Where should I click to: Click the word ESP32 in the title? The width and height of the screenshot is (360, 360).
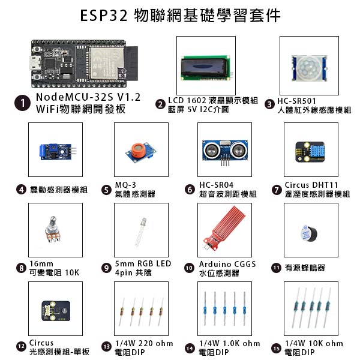pos(104,16)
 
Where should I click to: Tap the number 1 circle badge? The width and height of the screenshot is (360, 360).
pos(22,103)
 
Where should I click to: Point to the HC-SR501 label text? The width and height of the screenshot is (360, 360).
pos(296,101)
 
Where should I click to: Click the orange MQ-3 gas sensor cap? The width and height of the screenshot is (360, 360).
pos(138,150)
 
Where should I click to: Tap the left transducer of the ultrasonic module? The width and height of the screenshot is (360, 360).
pos(211,151)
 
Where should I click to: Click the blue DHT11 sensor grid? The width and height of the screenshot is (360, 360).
pos(316,152)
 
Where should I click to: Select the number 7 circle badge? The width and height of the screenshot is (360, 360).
pos(277,190)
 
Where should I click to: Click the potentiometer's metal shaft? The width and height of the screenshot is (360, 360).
pos(53,221)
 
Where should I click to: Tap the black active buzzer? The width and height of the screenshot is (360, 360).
pos(308,233)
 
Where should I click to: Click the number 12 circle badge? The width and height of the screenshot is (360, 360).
pos(22,346)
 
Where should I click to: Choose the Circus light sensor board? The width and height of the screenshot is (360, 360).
pos(56,311)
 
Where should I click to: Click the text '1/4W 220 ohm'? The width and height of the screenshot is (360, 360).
pos(144,343)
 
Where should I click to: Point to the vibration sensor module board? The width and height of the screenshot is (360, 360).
pos(56,152)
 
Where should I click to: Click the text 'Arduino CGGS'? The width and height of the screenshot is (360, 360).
pos(227,264)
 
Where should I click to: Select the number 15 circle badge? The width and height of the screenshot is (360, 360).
pos(277,348)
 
